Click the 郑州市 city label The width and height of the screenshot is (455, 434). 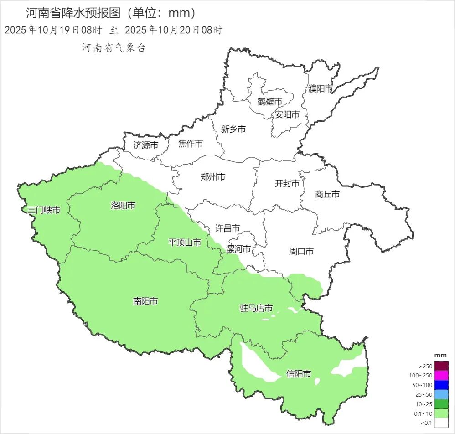[213, 177]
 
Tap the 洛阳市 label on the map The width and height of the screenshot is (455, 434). [123, 205]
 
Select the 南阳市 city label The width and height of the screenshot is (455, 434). [145, 301]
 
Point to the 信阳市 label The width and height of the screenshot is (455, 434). [299, 374]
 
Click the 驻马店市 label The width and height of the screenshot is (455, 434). [256, 309]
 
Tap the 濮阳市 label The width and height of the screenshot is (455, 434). [321, 89]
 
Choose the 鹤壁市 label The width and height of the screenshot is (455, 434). [270, 101]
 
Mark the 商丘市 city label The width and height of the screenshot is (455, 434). [327, 195]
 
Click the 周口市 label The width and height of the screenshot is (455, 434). [301, 251]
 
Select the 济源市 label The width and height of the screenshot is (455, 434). [146, 145]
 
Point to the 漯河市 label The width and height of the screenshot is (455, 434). [239, 249]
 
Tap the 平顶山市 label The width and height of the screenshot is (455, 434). [185, 243]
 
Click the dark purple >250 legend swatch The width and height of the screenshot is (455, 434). [441, 366]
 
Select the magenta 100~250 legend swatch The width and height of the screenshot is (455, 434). [441, 376]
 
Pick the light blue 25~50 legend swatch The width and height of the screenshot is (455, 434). [441, 394]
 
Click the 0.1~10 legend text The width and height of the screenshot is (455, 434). [424, 413]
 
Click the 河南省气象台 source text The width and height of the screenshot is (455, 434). [114, 48]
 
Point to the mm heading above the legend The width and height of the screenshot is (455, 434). [440, 355]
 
